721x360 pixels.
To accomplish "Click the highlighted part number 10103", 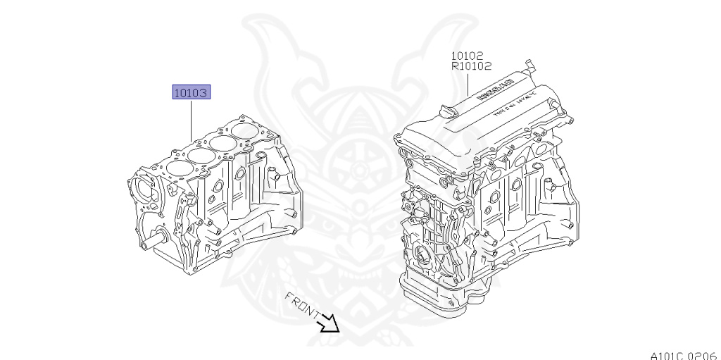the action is pyautogui.click(x=192, y=92).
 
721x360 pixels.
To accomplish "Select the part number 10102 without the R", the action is pyautogui.click(x=466, y=55).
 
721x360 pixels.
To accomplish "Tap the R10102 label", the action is pyautogui.click(x=470, y=67).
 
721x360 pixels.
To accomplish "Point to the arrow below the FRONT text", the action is pyautogui.click(x=328, y=325).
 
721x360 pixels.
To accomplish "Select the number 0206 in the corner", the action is pyautogui.click(x=701, y=354).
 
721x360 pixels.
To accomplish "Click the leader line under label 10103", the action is pyautogui.click(x=192, y=120).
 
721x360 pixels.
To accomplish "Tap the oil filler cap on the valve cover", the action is pyautogui.click(x=446, y=112).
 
